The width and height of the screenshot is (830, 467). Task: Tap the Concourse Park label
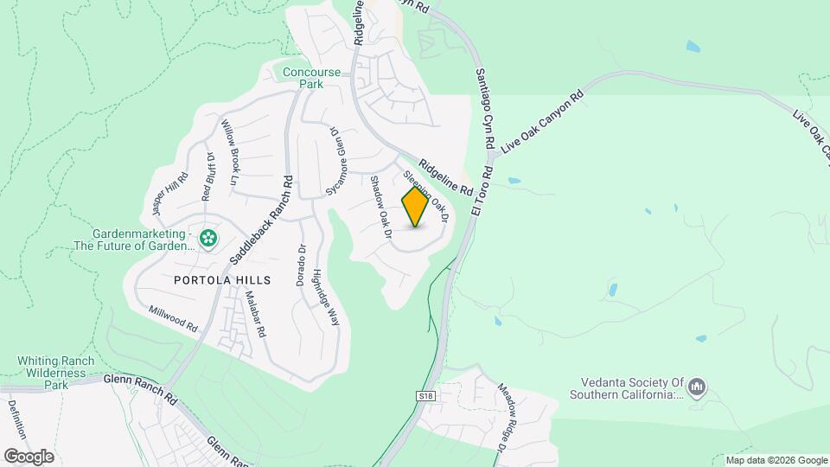pos(312,78)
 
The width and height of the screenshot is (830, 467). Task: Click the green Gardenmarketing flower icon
pos(207,238)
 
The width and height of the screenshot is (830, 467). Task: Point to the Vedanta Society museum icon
pos(699,386)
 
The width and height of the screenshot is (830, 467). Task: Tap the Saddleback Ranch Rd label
pos(262,221)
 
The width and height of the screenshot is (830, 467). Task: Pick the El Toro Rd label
pos(482,191)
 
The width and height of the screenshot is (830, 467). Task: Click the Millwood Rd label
pos(173,317)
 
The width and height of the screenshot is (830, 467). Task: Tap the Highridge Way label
pos(325,296)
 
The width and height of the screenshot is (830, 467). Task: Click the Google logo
pos(29,456)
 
